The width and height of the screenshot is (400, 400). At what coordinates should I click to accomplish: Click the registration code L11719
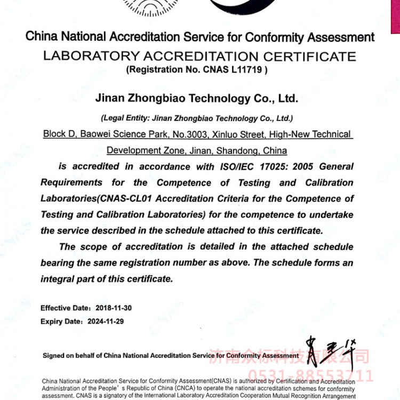pos(245,69)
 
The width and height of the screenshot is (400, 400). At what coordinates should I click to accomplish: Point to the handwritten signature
pos(329,349)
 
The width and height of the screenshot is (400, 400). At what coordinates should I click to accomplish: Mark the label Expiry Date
pos(61,322)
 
